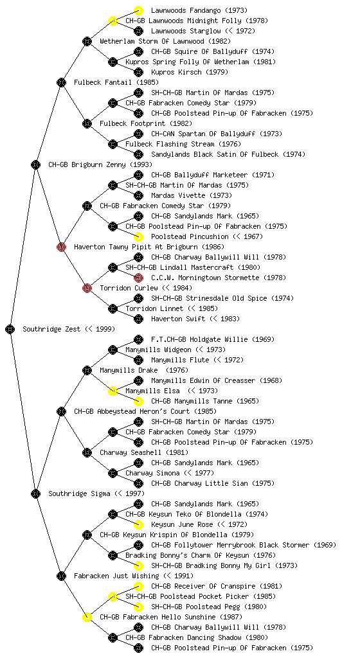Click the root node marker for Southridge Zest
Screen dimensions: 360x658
click(x=10, y=330)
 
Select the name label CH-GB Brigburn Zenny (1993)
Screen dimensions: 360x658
click(x=100, y=165)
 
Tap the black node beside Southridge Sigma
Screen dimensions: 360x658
click(x=35, y=494)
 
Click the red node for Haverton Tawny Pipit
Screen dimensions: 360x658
click(x=61, y=247)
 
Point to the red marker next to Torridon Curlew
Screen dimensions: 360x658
click(x=87, y=289)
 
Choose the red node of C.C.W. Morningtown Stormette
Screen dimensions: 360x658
click(x=138, y=278)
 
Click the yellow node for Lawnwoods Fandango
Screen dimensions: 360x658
click(x=138, y=10)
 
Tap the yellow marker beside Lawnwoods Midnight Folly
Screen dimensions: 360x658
click(x=113, y=21)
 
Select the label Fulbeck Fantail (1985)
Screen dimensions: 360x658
click(x=116, y=83)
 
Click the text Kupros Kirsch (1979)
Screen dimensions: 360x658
click(x=190, y=72)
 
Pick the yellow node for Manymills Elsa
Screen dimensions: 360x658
click(x=113, y=391)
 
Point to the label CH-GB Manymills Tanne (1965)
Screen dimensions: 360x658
click(x=205, y=401)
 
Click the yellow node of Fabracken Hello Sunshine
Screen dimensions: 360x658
click(x=87, y=618)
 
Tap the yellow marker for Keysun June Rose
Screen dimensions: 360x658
click(x=138, y=524)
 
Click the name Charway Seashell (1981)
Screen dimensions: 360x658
click(x=144, y=453)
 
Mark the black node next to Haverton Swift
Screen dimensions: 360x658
click(x=138, y=319)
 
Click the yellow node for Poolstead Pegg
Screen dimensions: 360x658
click(x=138, y=607)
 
